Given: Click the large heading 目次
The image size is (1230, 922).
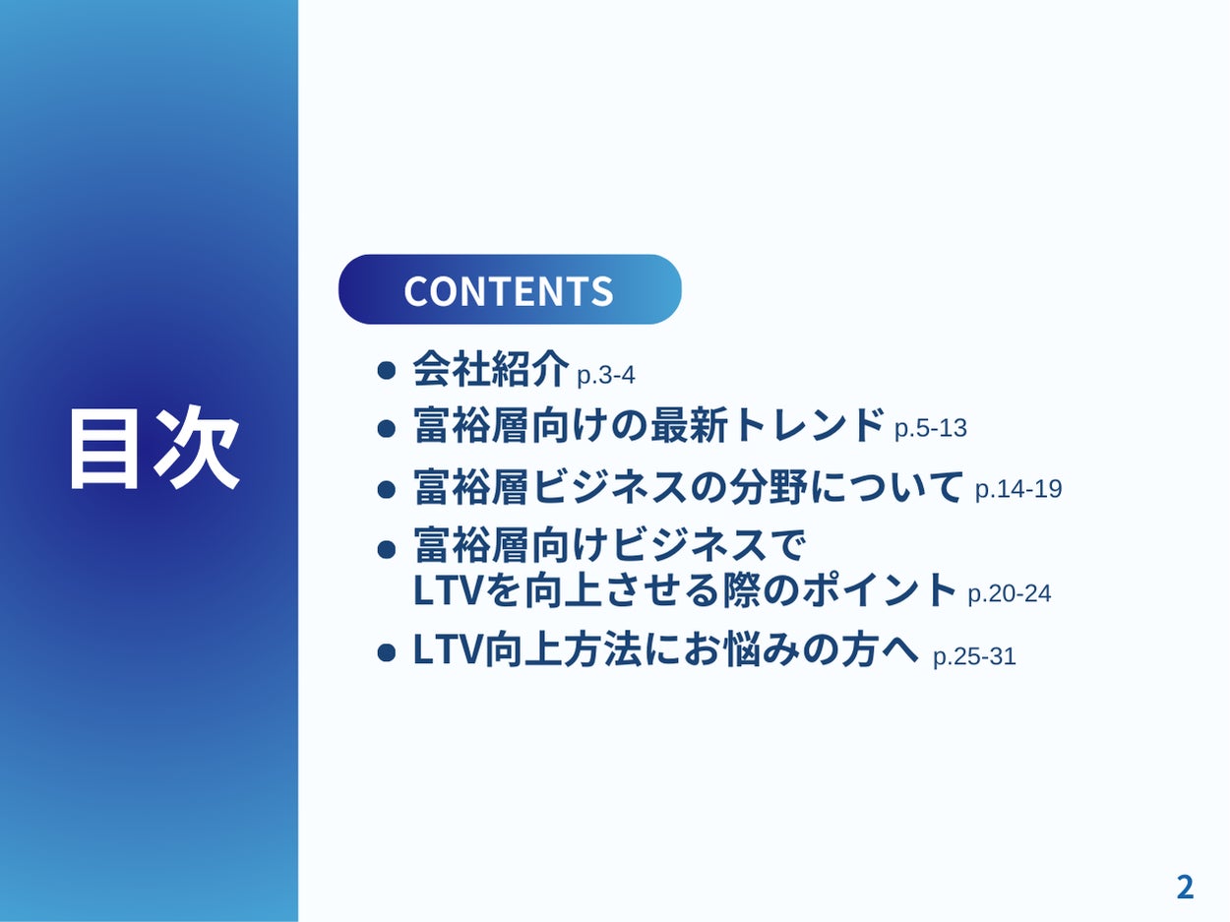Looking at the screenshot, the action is pos(154,448).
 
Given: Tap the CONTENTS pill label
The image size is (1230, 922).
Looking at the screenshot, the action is pos(510,289).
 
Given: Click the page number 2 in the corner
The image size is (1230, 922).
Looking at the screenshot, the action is pos(1185,888).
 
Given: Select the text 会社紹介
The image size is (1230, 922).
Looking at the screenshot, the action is pos(491,369).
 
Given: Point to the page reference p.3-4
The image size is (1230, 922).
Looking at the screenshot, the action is pos(606,375).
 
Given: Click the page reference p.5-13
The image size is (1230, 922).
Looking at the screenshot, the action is pos(931,428).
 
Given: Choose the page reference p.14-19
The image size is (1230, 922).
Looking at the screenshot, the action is pos(1018,489).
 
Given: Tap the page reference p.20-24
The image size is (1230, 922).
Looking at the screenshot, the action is pos(1010,593).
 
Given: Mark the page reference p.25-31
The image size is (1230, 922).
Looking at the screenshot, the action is pos(974,656).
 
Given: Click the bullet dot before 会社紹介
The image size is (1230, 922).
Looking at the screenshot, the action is pos(387,370).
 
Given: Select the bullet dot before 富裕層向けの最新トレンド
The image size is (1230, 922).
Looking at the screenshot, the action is pos(387,429).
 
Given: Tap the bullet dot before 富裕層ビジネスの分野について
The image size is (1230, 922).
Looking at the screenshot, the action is pos(387,490).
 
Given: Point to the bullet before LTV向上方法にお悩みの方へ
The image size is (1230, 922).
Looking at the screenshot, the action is pos(387,652).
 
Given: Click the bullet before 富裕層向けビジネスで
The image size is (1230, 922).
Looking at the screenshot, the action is pos(387,549).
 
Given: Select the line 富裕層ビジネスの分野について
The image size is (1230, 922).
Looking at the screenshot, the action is pos(688,486).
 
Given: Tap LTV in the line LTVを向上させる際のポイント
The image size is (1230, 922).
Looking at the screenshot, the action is pos(448,590).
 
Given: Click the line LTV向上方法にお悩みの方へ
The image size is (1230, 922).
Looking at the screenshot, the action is pos(666,649).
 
